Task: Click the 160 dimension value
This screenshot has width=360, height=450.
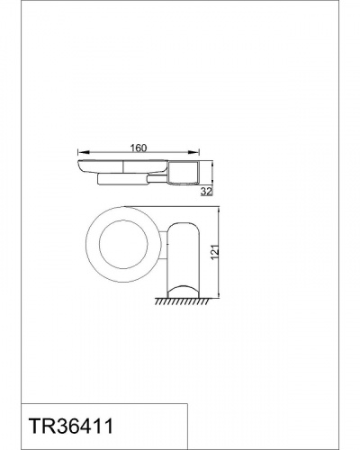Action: tap(139, 148)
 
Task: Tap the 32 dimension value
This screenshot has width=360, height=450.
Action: tap(206, 192)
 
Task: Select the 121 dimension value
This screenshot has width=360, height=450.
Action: tap(215, 253)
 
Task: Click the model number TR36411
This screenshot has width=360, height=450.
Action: tap(71, 427)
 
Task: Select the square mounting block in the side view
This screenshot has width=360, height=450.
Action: tap(184, 173)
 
